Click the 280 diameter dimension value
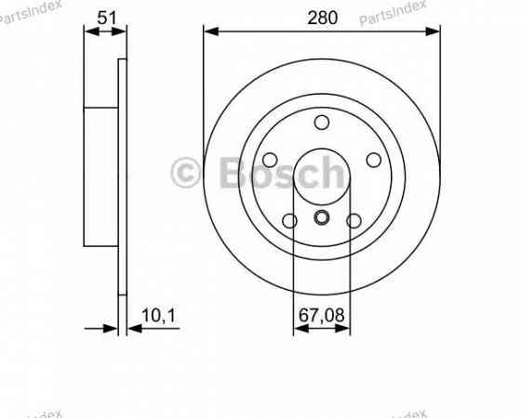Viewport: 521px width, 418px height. pos(321,17)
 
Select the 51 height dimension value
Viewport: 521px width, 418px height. pos(105,16)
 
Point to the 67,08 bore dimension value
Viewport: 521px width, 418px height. pos(321,316)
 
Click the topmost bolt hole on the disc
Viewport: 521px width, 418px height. pos(322,122)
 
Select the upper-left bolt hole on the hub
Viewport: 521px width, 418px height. pos(271,160)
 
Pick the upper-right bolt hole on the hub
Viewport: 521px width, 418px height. pos(373,160)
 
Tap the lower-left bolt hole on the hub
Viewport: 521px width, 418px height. pos(289,220)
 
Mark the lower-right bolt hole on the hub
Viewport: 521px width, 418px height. pos(354,220)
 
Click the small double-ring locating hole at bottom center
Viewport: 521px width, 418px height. pos(322,218)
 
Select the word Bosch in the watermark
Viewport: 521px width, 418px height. pos(279,172)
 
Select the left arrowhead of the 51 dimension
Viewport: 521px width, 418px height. pos(90,32)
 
